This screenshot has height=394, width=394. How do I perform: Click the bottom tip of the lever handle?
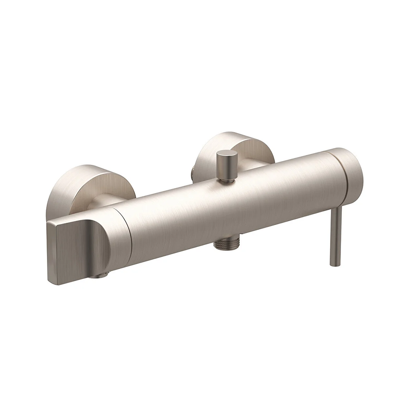334,264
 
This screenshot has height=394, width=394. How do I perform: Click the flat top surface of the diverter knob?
227,154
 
